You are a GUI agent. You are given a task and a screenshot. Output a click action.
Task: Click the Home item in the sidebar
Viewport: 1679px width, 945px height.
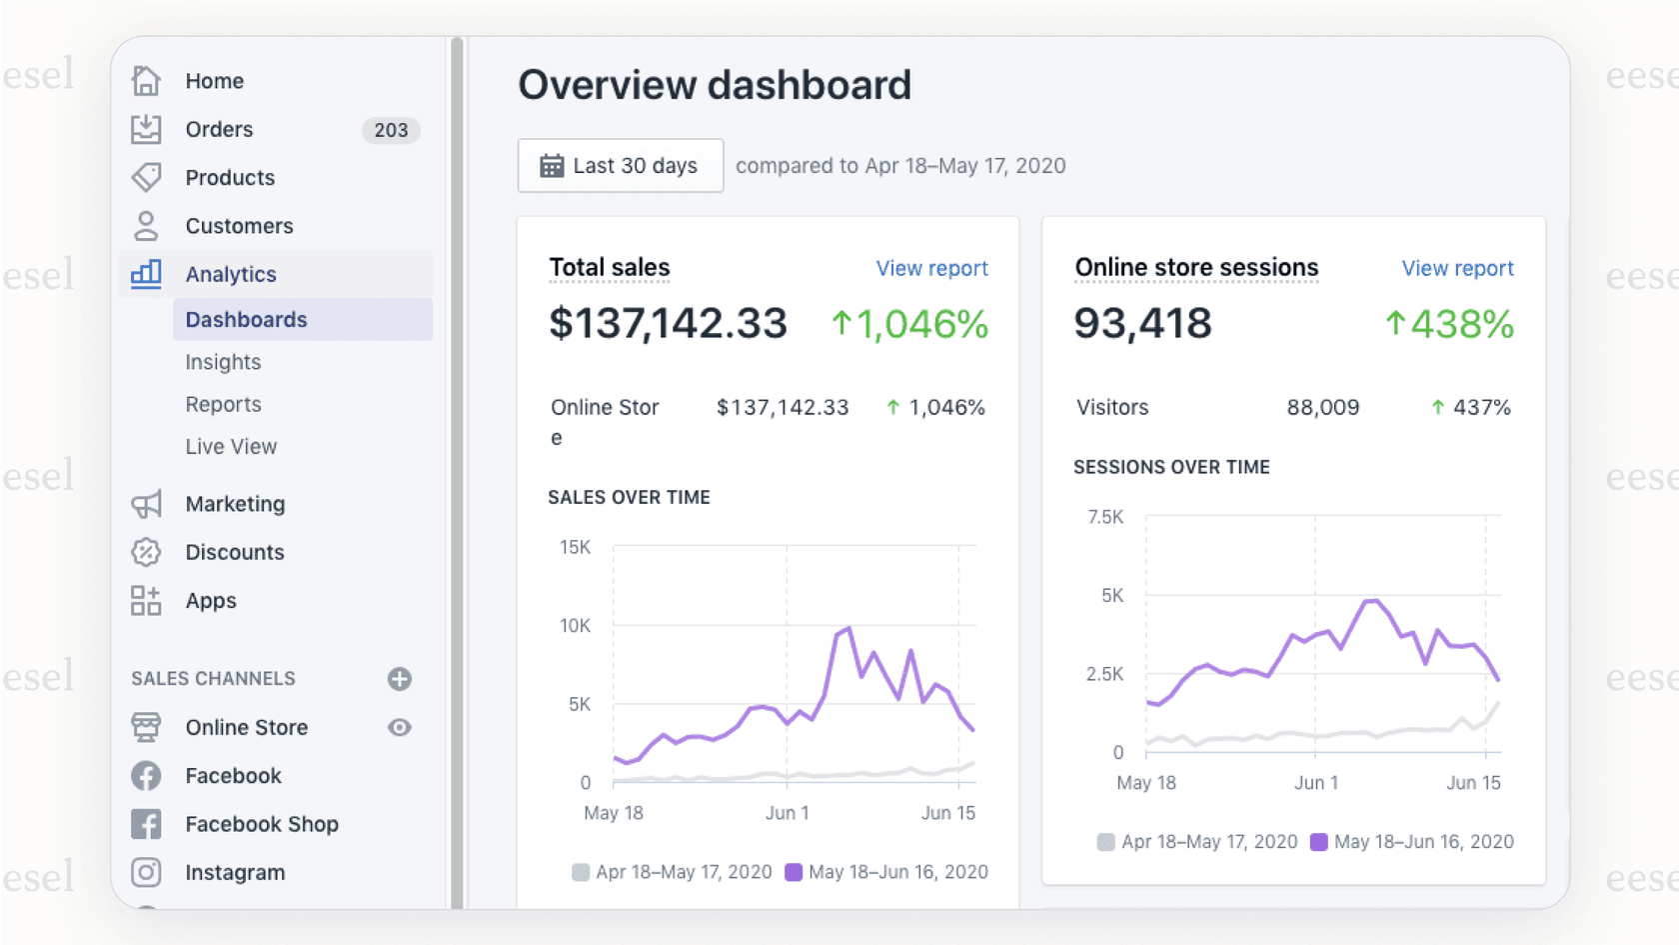(214, 81)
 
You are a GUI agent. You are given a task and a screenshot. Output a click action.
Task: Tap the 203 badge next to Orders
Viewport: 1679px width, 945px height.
(391, 130)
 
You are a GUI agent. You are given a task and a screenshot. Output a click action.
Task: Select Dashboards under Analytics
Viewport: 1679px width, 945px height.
(246, 320)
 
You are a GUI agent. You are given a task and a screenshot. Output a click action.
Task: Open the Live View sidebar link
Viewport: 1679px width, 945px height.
(231, 447)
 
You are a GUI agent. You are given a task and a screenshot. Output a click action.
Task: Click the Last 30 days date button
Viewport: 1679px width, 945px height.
(621, 166)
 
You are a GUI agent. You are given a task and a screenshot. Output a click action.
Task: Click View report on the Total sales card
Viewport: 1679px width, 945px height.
(931, 268)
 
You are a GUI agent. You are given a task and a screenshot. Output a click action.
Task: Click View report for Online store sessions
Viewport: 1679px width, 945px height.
(1457, 268)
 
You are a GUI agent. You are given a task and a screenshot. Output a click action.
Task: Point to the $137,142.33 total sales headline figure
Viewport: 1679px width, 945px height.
(668, 323)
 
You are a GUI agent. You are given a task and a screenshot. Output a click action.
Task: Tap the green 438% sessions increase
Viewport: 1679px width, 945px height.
(1449, 324)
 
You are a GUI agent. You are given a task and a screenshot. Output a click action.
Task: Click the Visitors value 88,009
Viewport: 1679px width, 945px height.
(1322, 408)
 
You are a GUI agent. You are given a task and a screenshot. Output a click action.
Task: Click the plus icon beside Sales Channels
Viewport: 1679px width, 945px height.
(400, 679)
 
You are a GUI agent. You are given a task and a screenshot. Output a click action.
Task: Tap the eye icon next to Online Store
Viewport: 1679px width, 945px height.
(400, 728)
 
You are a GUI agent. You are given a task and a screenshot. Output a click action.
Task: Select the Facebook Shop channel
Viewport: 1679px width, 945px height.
(261, 824)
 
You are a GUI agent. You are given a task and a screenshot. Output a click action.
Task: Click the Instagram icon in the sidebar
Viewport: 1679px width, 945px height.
(146, 872)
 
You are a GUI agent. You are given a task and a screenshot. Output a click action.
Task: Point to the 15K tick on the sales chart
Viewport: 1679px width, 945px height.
(575, 548)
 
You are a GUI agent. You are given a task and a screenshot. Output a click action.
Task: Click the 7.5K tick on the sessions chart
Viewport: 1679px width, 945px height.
(1105, 517)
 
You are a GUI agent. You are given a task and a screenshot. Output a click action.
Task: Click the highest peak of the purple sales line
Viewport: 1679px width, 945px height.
(849, 628)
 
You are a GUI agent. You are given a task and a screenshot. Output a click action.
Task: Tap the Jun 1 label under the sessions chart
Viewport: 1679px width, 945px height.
(1316, 783)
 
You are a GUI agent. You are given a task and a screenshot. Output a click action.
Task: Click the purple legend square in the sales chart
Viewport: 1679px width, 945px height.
(794, 872)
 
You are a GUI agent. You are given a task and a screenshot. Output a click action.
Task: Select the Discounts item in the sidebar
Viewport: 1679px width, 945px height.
(234, 552)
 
